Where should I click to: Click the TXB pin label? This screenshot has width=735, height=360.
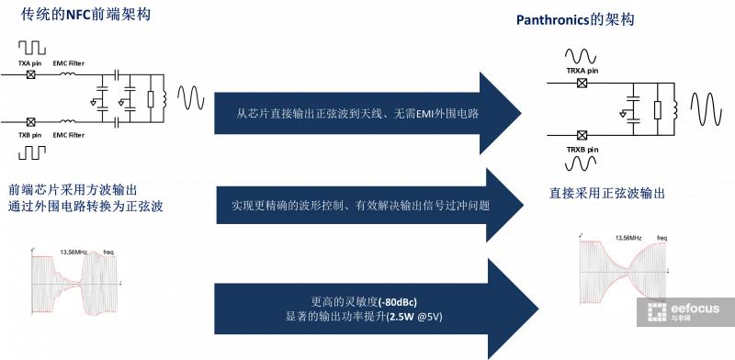[x=31, y=135]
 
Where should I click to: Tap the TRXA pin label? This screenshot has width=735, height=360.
[x=582, y=70]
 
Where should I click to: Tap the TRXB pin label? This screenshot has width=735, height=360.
[x=582, y=149]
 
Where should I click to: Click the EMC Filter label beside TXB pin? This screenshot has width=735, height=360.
[x=69, y=135]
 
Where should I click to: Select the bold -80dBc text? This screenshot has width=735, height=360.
[x=391, y=301]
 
